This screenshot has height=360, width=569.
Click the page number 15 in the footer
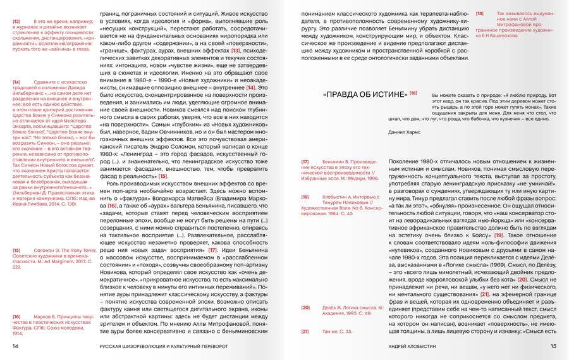click(553, 346)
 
